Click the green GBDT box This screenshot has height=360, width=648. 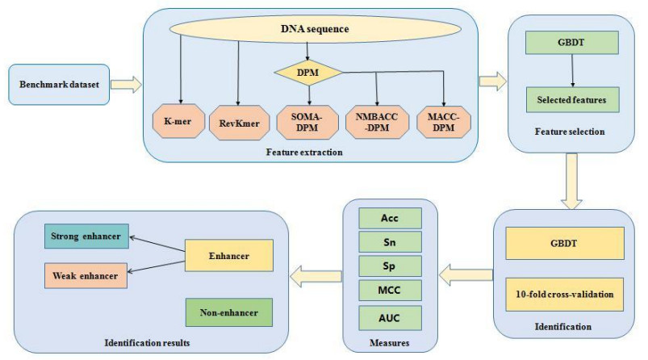click(571, 44)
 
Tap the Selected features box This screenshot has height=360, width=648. click(571, 99)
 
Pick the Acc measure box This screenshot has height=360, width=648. click(390, 219)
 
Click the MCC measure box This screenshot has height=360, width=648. click(390, 288)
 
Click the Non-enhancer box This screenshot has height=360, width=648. click(227, 311)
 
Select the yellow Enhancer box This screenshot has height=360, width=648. click(227, 256)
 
